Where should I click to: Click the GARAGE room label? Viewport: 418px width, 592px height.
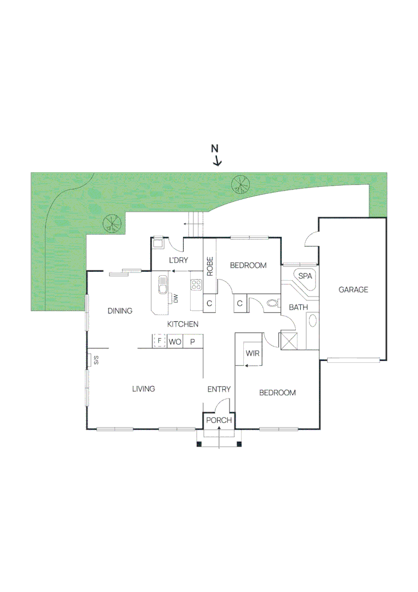[x=353, y=290]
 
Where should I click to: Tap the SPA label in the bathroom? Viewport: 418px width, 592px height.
[x=305, y=276]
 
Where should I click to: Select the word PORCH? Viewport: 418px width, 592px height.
[x=219, y=421]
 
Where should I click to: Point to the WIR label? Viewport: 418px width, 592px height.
[x=252, y=354]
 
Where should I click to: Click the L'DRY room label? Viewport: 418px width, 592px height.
[x=178, y=260]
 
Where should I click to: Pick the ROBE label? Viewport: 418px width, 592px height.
[x=210, y=266]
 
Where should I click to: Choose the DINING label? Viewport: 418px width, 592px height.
[x=120, y=311]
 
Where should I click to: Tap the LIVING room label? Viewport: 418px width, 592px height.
[x=144, y=389]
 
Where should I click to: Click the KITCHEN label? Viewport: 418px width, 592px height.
[x=183, y=325]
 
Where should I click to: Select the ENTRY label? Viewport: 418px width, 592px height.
[x=219, y=389]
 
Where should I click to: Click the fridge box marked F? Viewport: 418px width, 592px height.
[x=159, y=341]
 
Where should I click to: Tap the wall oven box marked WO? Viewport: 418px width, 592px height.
[x=175, y=341]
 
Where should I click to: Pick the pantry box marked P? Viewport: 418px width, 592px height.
[x=192, y=341]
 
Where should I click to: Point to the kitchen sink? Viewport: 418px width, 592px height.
[x=163, y=286]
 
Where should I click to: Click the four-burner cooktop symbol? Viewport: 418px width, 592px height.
[x=197, y=284]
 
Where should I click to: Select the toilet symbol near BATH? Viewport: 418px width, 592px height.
[x=272, y=303]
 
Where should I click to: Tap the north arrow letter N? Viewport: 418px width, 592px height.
[x=215, y=149]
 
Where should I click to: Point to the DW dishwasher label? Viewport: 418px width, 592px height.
[x=176, y=299]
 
